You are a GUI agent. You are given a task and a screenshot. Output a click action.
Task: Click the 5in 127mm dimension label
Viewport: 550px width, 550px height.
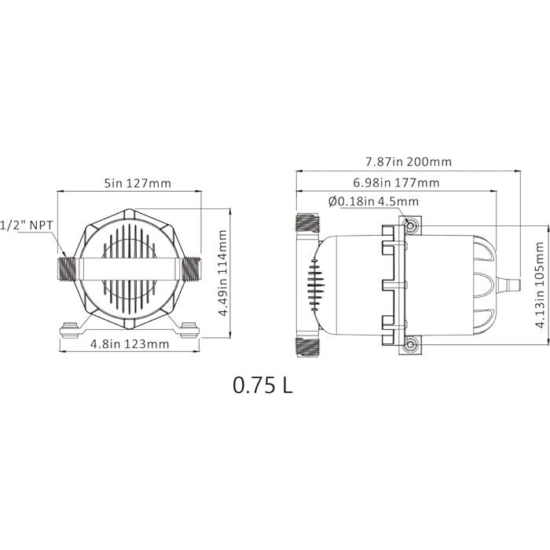point(137,183)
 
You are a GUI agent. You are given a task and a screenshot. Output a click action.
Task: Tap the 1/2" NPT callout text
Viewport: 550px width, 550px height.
point(27,225)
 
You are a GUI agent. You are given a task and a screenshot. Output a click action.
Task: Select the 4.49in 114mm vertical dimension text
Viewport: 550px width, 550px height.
point(223,273)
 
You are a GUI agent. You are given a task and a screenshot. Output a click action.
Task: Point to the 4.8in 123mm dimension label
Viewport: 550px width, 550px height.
point(130,344)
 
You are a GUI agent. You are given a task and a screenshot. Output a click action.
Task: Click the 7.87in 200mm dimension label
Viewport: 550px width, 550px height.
point(409,162)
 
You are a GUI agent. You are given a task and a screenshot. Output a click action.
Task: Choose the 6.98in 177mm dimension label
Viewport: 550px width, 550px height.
point(396,183)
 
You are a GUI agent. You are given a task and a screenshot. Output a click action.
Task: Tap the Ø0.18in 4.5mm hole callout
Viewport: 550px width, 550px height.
point(373,202)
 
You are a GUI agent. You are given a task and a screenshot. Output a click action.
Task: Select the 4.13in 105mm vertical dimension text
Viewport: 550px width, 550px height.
point(541,284)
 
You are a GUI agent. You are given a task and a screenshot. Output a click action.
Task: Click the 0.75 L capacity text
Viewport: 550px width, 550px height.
point(262,385)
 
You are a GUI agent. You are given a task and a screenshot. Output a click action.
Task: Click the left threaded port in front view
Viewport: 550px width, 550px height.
point(68,269)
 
